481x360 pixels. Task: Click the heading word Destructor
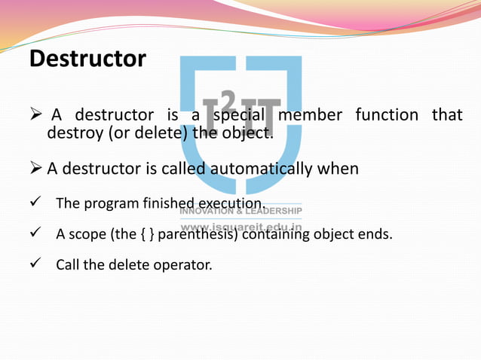[x=87, y=58]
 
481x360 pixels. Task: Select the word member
[x=310, y=115]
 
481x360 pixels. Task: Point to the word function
[x=387, y=115]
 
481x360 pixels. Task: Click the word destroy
[x=74, y=134]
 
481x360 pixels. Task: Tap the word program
[x=110, y=204]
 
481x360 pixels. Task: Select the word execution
[x=230, y=204]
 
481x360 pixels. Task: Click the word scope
[x=88, y=234]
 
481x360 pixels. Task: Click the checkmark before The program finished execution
[x=35, y=204]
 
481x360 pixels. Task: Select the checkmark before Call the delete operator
[x=35, y=265]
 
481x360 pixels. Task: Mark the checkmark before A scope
[x=35, y=234]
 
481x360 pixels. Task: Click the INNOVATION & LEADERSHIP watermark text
[x=240, y=210]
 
